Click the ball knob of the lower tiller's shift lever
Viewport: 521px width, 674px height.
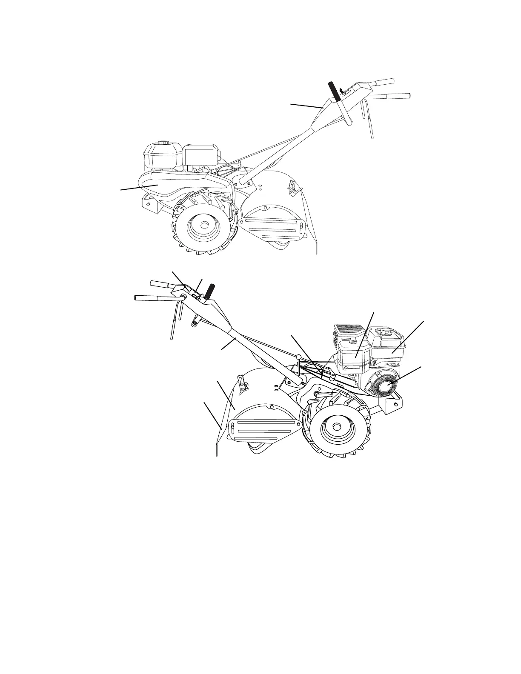coord(299,357)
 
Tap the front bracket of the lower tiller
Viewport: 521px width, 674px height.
coord(391,403)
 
